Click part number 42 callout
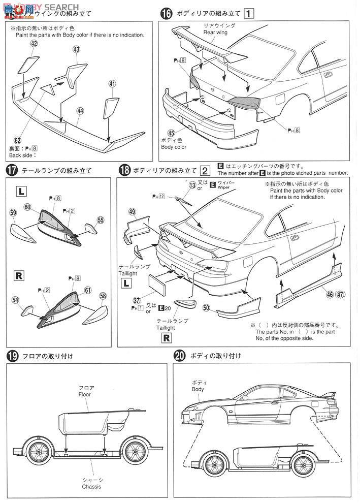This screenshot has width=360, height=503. (34, 44)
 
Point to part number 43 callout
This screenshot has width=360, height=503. (76, 49)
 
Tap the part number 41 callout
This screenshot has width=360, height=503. (112, 84)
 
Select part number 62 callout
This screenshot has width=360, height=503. (18, 140)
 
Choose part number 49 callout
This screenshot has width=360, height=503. (132, 212)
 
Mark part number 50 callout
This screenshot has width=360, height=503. (206, 308)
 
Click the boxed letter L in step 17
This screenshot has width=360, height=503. (21, 192)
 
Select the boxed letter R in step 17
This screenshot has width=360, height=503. (18, 276)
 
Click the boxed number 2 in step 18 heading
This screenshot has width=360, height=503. (204, 171)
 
